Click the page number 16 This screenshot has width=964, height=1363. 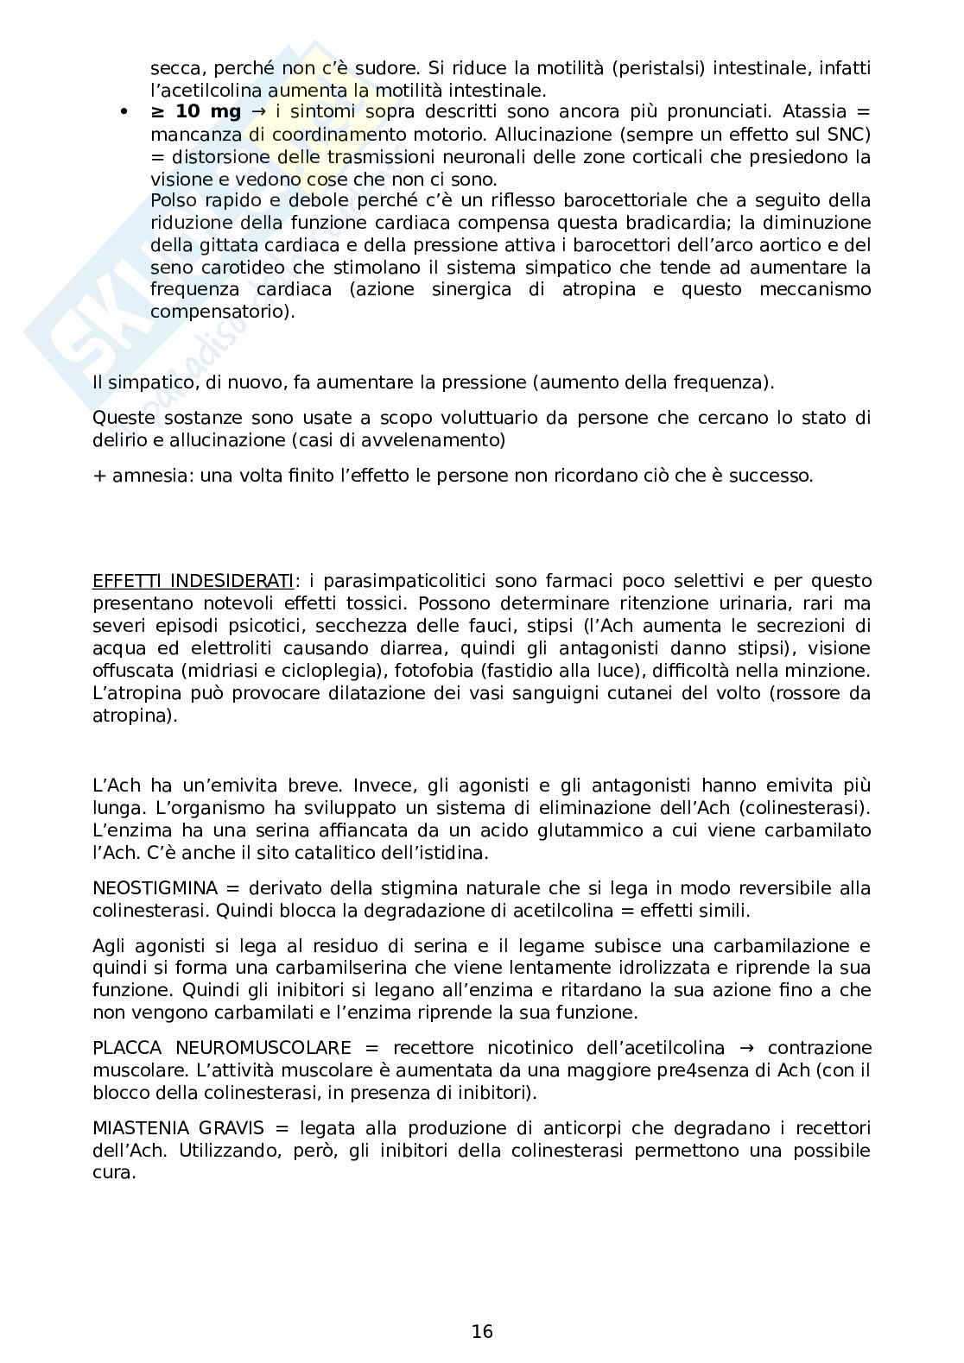point(482,1331)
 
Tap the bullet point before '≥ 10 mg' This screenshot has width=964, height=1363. point(124,112)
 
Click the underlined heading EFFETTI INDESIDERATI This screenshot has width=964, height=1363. point(193,581)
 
